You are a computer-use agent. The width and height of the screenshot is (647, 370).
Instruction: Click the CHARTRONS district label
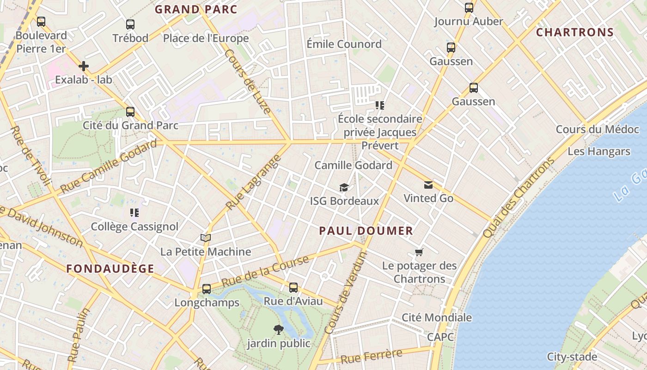point(575,32)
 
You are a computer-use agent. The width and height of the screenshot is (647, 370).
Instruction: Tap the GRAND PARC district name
point(195,9)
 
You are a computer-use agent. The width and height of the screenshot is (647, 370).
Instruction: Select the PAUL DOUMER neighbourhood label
point(366,231)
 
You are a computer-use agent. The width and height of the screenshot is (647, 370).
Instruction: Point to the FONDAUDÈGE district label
point(110,269)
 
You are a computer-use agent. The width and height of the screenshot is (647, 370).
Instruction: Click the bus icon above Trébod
point(130,25)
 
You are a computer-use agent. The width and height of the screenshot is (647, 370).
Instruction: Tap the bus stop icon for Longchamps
point(207,289)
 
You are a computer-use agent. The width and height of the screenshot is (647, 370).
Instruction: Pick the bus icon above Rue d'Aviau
point(293,288)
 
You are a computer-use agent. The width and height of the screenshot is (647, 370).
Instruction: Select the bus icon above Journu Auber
point(469,7)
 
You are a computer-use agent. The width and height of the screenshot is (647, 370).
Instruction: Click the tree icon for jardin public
point(278,330)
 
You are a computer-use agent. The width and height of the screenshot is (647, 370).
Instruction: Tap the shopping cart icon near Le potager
point(419,252)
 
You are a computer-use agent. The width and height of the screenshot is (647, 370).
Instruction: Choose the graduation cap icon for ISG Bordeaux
point(344,187)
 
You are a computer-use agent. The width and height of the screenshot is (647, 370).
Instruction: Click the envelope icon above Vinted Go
point(428,185)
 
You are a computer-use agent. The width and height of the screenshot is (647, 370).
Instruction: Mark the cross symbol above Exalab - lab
point(84,66)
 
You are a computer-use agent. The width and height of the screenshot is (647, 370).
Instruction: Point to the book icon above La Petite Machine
point(206,238)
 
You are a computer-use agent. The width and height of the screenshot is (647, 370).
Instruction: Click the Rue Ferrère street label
point(371,356)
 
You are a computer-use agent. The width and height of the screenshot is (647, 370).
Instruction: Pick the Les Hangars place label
point(598,151)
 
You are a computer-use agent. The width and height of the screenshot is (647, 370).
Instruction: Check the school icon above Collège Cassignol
point(134,213)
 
